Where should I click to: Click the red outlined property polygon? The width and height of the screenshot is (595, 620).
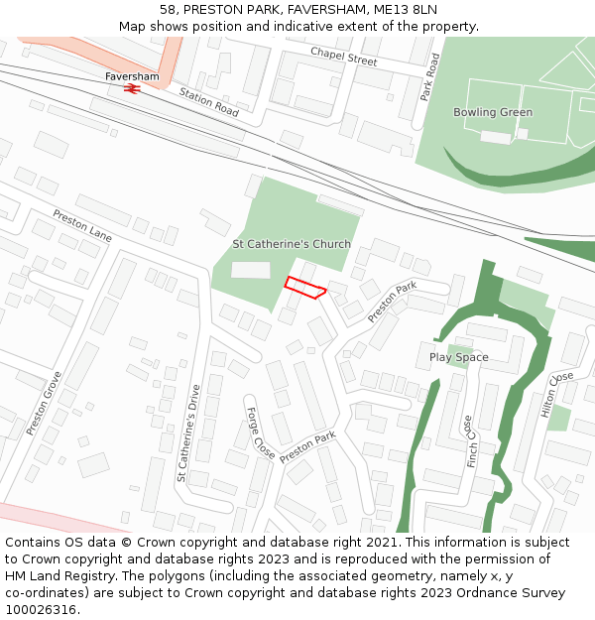point(304,287)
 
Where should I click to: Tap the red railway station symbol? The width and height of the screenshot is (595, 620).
point(131,88)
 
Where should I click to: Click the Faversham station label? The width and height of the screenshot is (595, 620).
point(132,76)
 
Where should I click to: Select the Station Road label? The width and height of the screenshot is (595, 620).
point(208,102)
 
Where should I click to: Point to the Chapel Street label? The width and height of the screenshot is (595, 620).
point(343,57)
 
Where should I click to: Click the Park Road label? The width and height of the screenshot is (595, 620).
point(429,77)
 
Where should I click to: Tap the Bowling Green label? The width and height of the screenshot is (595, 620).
point(493,112)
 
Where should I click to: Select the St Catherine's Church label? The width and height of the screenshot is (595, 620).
point(292,244)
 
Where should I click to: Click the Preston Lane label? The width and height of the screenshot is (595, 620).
point(82,226)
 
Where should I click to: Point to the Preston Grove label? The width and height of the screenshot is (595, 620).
point(45,403)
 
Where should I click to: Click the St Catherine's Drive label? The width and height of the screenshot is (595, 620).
point(195,433)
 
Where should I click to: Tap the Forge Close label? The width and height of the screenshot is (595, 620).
point(260,433)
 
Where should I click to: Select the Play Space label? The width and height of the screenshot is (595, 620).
point(458,357)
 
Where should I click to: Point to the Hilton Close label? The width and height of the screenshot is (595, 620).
point(557,394)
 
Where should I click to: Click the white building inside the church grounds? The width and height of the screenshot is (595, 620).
point(250,270)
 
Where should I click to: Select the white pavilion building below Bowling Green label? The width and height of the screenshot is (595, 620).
point(495,137)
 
